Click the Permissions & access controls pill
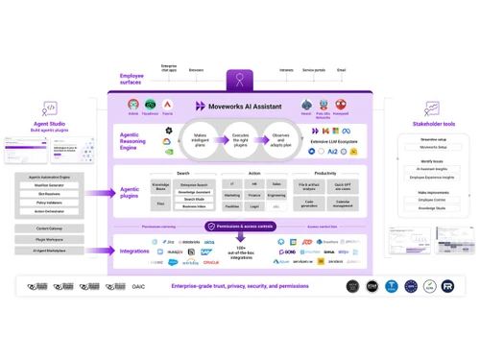pos(240,227)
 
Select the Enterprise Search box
pos(195,183)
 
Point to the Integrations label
pos(133,251)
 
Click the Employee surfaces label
pos(132,77)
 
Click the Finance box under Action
pos(253,194)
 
